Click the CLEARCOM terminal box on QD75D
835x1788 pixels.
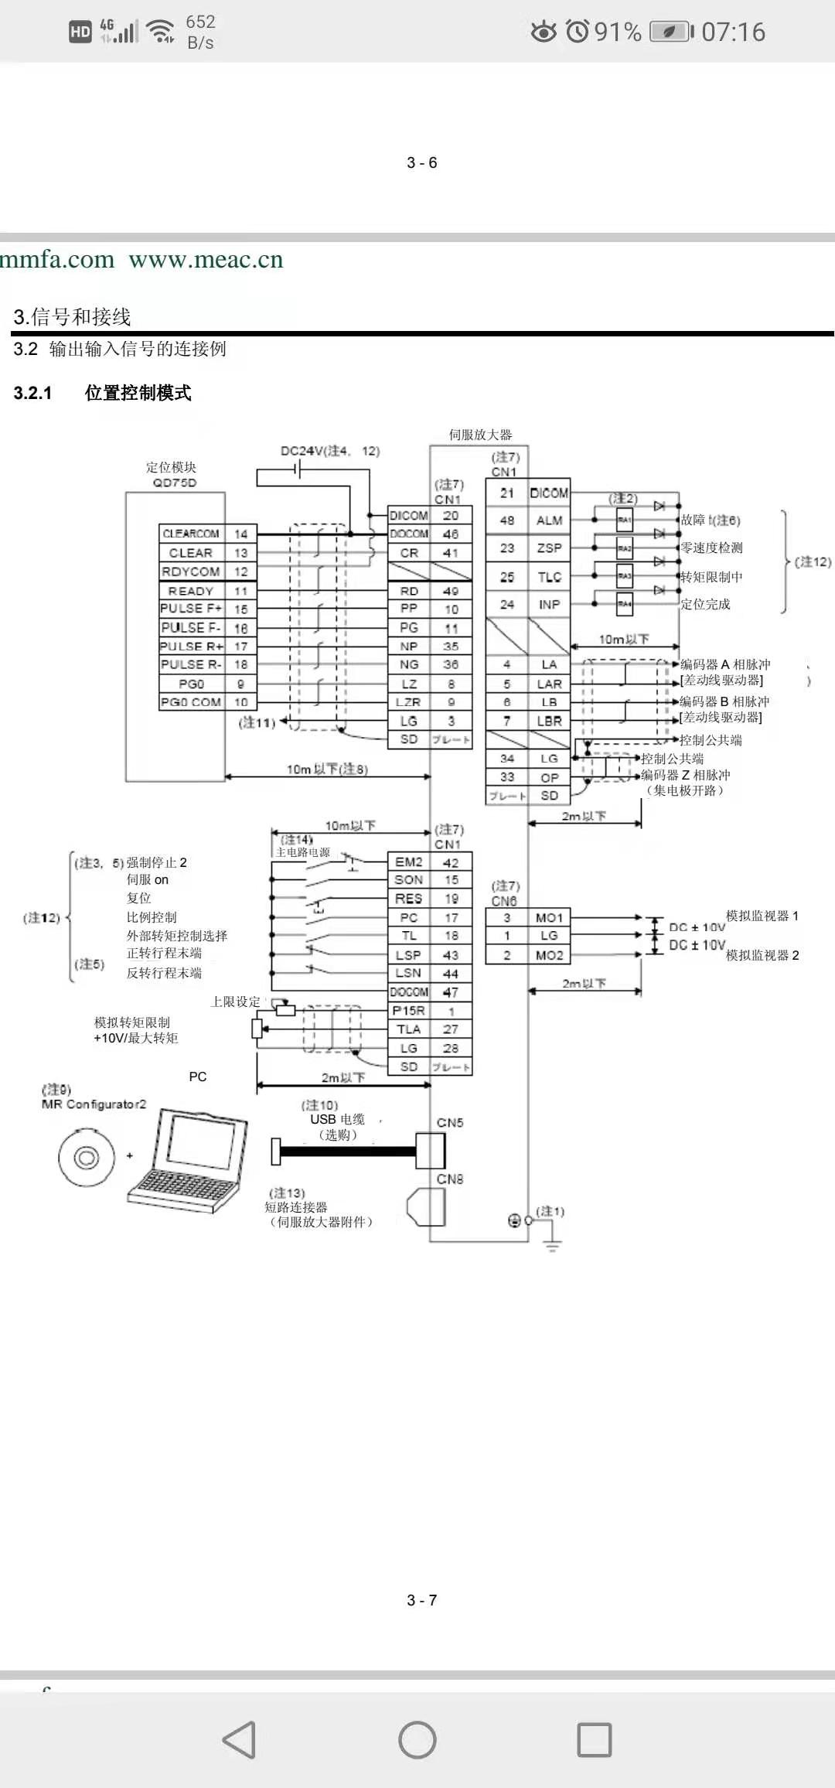(x=191, y=534)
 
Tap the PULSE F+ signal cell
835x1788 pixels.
(x=191, y=609)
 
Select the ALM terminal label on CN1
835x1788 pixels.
(x=549, y=520)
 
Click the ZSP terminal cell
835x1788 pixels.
(x=549, y=548)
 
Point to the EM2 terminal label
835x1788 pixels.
(x=408, y=862)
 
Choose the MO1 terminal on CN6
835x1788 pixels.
(x=549, y=918)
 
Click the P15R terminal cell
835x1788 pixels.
(x=408, y=1011)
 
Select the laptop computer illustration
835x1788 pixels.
(x=188, y=1160)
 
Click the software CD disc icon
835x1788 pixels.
(x=86, y=1158)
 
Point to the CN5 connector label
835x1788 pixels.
(x=450, y=1123)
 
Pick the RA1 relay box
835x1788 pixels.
(x=624, y=520)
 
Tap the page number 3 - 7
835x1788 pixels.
(x=422, y=1599)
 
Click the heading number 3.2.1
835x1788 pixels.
(x=32, y=393)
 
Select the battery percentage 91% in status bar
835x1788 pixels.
(x=618, y=32)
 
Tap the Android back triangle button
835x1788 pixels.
(x=239, y=1740)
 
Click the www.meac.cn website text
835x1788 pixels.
(x=206, y=259)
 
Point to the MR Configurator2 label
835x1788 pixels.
(x=94, y=1104)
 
